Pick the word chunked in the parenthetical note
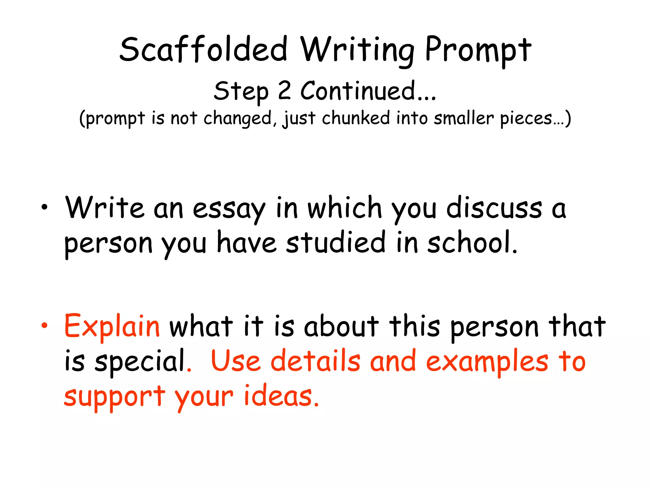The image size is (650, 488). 356,118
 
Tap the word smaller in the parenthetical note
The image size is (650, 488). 464,118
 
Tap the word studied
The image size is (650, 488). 336,243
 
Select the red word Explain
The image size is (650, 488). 112,326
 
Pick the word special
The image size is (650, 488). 140,361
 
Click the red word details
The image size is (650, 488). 315,361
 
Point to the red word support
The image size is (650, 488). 115,396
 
